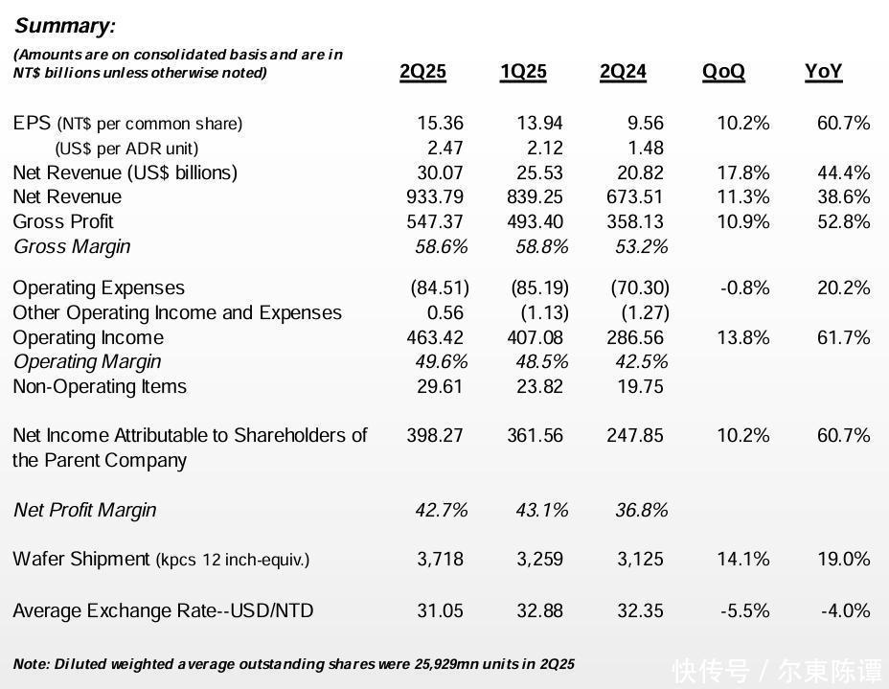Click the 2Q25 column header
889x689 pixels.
tap(422, 72)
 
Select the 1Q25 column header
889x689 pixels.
tap(523, 72)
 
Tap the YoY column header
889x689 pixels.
tap(823, 72)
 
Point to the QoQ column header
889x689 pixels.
tap(723, 72)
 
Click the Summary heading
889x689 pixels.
tap(64, 26)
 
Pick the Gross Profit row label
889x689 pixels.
tap(63, 221)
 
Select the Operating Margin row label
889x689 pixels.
tap(86, 361)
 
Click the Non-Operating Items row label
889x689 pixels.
tap(100, 386)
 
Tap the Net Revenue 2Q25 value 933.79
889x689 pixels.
tap(435, 196)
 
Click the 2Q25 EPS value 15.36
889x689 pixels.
tap(440, 123)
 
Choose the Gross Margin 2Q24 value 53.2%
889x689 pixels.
tap(641, 246)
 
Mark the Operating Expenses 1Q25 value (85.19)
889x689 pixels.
tap(539, 287)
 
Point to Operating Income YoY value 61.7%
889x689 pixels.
tap(843, 337)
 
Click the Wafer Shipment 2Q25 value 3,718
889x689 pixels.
tap(440, 559)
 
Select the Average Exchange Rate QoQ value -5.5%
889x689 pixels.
tap(743, 610)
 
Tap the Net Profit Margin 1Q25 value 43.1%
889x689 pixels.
tap(541, 510)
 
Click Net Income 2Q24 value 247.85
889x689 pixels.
tap(635, 435)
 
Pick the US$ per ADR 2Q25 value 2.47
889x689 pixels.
tap(444, 148)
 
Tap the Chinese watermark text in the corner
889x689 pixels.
tap(777, 671)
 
